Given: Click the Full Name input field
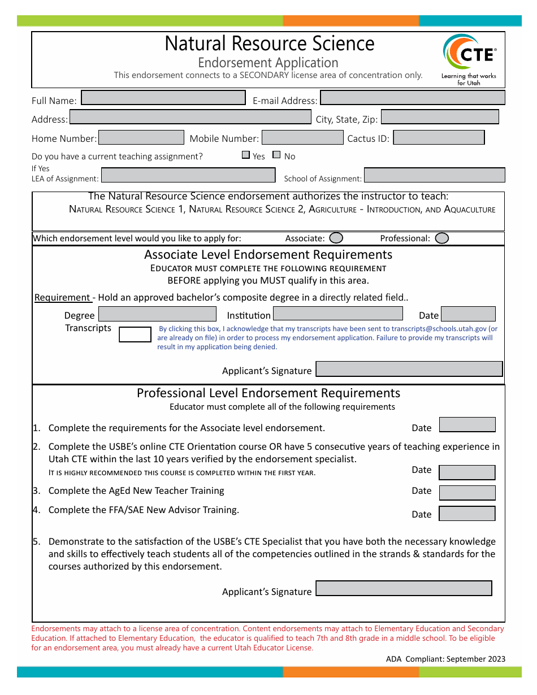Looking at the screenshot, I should pos(163,98).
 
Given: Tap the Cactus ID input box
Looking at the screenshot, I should pos(439,137).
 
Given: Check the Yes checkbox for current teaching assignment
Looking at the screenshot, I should pos(246,155).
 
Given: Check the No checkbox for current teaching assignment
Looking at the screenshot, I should pos(276,155).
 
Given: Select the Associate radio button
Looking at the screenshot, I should pos(336,238).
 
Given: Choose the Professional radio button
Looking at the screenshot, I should pos(442,238).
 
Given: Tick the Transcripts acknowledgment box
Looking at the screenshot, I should pos(135,334).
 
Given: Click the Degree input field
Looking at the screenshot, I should pos(158,314).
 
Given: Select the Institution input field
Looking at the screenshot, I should pos(338,314).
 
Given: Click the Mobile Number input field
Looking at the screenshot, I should pos(302,137).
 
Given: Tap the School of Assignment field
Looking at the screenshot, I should pos(434,175).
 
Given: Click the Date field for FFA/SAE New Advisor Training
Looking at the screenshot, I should pos(467,514).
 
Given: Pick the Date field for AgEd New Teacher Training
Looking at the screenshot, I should pos(467,493).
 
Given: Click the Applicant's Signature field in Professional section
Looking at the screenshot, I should pos(404,588).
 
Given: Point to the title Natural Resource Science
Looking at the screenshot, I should pos(269,44).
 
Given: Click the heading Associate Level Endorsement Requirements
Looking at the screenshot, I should pos(268,255).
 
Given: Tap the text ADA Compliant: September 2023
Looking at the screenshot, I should pos(445,659).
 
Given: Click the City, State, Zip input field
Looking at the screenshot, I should pos(440,117).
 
